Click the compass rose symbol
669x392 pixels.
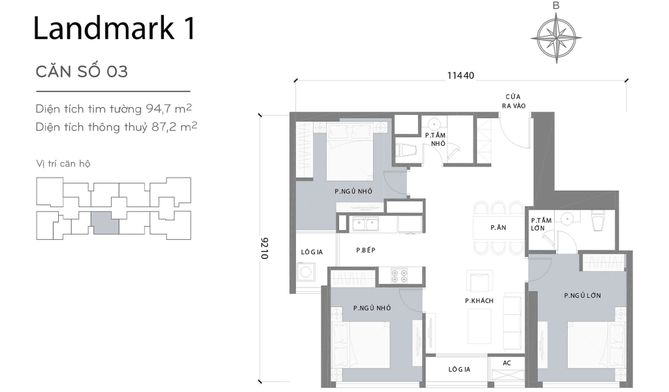pos(556,37)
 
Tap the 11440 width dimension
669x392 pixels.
pos(461,75)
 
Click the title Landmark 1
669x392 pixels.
pos(114,29)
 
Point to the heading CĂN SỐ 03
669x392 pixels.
pos(82,71)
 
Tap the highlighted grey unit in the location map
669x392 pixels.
pos(105,223)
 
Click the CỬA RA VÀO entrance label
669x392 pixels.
pos(514,101)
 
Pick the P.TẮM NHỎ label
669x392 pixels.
pos(435,139)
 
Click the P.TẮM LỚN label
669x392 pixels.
pos(541,224)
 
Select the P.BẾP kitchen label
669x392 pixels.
pos(366,250)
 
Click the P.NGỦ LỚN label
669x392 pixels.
pos(582,295)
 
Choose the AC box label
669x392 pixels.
pos(507,363)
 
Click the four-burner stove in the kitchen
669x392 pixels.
pos(399,275)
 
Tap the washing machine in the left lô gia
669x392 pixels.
pos(305,273)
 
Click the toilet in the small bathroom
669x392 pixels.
pos(406,150)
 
